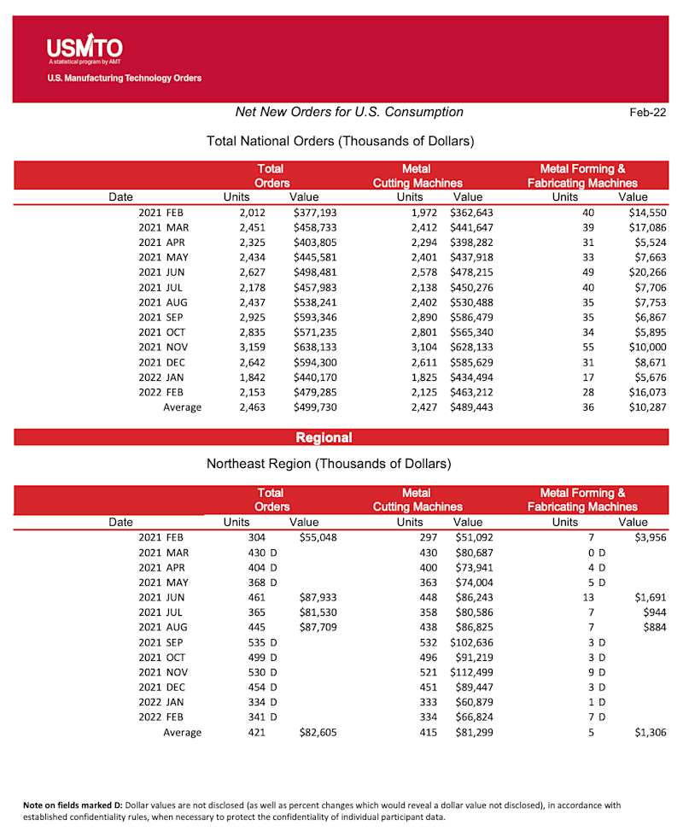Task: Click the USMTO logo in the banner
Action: pos(85,49)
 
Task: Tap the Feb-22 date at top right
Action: pos(648,113)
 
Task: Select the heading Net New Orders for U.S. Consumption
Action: pos(349,112)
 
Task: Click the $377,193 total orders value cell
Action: pos(315,212)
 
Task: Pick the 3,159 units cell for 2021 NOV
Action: pos(253,348)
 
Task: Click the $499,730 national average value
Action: pos(315,407)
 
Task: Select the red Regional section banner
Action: pos(324,437)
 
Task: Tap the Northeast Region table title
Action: pos(329,464)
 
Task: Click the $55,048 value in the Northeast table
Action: pos(318,537)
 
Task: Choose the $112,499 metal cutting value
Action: pos(471,671)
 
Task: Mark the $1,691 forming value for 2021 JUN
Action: pos(649,597)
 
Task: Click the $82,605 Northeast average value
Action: pos(318,732)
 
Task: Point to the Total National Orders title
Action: pos(340,140)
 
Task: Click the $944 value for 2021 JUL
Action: pos(654,612)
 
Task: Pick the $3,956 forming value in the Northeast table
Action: pos(649,537)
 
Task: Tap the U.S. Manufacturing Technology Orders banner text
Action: pos(125,79)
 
